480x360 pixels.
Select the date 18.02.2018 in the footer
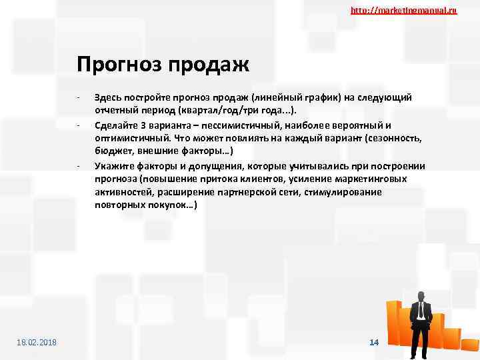pyautogui.click(x=37, y=342)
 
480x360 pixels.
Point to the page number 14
pyautogui.click(x=374, y=342)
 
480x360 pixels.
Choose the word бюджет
pyautogui.click(x=112, y=152)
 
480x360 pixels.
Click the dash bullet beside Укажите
pyautogui.click(x=78, y=166)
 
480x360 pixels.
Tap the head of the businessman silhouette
pyautogui.click(x=421, y=296)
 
